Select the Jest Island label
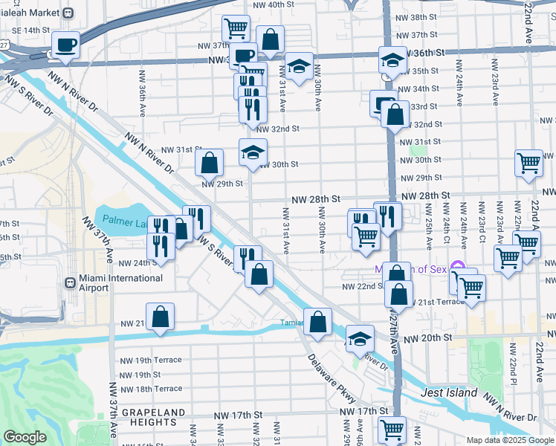(x=446, y=392)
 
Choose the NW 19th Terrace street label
(x=151, y=360)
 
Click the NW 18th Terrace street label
(x=151, y=389)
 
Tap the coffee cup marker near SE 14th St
(x=66, y=46)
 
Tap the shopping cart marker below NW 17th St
(x=392, y=430)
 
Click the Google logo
(x=25, y=437)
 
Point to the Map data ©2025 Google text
(x=510, y=439)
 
